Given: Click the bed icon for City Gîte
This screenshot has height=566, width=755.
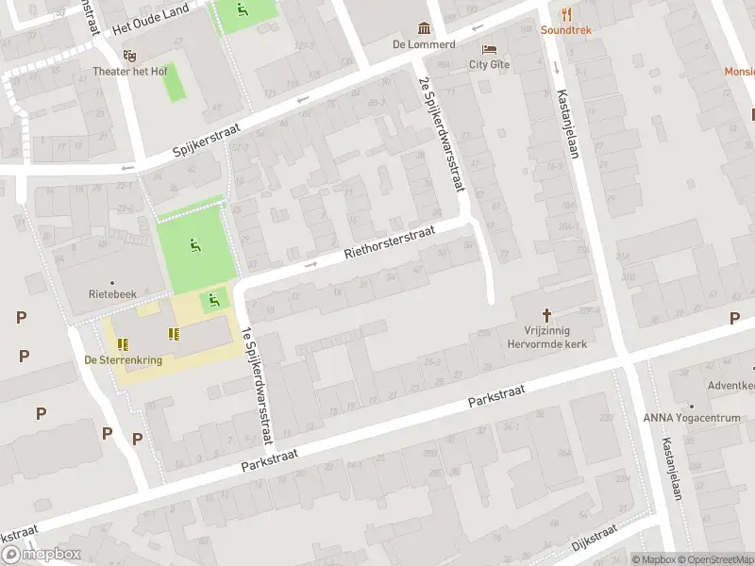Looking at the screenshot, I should tap(489, 49).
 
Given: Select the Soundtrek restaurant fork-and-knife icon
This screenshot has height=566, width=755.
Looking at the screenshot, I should tap(566, 13).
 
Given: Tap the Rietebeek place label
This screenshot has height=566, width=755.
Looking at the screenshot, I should tap(111, 293).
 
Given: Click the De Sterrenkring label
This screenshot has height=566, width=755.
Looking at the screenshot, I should tap(123, 360).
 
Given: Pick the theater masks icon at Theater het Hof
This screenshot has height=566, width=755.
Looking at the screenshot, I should tap(129, 54).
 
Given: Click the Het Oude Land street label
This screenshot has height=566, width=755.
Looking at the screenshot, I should tap(151, 20).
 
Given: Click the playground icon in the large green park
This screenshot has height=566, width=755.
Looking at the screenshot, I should tap(194, 246).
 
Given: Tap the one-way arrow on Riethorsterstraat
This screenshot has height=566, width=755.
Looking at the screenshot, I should tap(311, 265).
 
